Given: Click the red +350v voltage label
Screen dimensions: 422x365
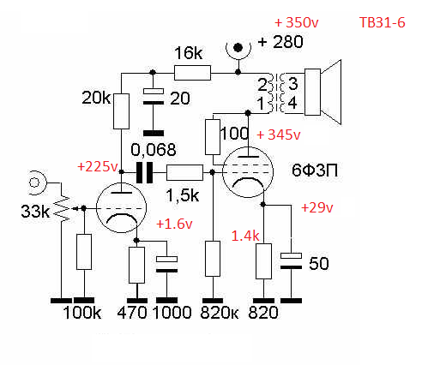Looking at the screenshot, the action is pos(297,22).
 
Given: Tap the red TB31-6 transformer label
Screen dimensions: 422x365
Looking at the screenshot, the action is pos(383,22).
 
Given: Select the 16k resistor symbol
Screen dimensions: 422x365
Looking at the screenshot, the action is pos(192,73).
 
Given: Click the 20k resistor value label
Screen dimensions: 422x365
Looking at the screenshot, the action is pos(96,98).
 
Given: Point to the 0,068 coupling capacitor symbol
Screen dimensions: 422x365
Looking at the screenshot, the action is pos(144,172).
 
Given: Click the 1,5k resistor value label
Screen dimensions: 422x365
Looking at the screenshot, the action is pos(183,195).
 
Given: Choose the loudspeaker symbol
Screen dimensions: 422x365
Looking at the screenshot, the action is pos(323,92).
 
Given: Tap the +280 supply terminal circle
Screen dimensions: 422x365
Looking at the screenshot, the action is pos(238,48).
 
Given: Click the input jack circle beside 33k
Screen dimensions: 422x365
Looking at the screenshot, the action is pos(35,182).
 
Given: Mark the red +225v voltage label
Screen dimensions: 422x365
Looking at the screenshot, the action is pos(98,166).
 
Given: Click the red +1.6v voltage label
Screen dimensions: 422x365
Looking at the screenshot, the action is pos(174,224).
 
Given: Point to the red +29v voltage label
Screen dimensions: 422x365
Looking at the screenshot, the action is pos(317,207).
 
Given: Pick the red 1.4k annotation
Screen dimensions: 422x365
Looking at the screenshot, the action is pos(245,236).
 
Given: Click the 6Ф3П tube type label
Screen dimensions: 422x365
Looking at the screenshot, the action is pos(315,171).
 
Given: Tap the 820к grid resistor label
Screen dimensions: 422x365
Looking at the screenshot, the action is pos(220,313).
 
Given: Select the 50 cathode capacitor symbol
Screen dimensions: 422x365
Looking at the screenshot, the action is pos(291,261).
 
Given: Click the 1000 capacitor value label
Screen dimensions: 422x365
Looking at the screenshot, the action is pos(172,313).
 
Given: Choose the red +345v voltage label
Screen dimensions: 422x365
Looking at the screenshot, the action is pos(279,135).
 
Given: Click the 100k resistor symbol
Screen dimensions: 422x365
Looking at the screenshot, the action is pos(84,252).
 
